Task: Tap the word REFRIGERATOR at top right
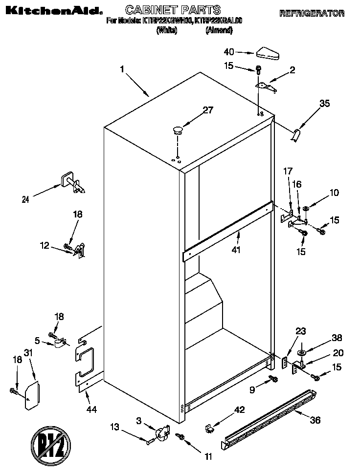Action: (312, 14)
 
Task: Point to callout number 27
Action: (208, 110)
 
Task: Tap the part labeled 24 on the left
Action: (72, 182)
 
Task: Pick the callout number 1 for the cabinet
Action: (122, 69)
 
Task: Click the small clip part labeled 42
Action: (209, 429)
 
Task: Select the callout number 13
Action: (114, 427)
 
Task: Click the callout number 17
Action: (288, 171)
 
